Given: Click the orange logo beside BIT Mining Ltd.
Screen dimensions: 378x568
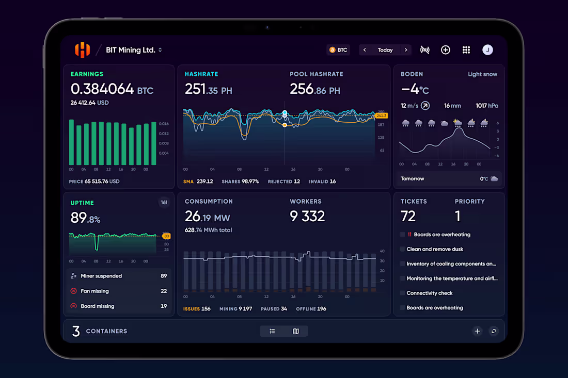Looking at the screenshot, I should pyautogui.click(x=82, y=50).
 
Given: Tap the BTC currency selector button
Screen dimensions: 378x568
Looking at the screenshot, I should pyautogui.click(x=338, y=50).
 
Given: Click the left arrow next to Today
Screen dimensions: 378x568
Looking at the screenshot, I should pyautogui.click(x=365, y=50).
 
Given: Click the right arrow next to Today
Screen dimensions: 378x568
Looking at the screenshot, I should pyautogui.click(x=406, y=50).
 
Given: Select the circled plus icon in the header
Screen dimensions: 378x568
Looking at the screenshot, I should pyautogui.click(x=445, y=50).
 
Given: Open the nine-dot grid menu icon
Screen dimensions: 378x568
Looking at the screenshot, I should pyautogui.click(x=466, y=50).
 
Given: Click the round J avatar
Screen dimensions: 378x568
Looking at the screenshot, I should pyautogui.click(x=487, y=50).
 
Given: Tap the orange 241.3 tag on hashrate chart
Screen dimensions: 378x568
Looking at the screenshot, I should pyautogui.click(x=382, y=116).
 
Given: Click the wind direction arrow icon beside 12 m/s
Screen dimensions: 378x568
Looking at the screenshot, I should pyautogui.click(x=425, y=106).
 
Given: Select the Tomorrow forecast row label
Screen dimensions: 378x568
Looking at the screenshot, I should pyautogui.click(x=413, y=179).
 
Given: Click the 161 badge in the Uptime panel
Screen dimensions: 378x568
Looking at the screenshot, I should pyautogui.click(x=164, y=203).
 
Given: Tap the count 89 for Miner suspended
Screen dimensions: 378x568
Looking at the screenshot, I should pyautogui.click(x=164, y=276).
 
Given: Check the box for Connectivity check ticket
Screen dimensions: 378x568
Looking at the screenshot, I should pyautogui.click(x=402, y=293).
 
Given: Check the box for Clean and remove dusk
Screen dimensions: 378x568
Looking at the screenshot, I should pyautogui.click(x=402, y=249).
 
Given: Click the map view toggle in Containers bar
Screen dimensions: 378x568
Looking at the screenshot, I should pyautogui.click(x=296, y=331).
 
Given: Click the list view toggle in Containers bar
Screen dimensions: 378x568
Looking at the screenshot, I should pyautogui.click(x=272, y=331).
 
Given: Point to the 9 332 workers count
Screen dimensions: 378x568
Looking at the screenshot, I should pyautogui.click(x=307, y=217).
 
